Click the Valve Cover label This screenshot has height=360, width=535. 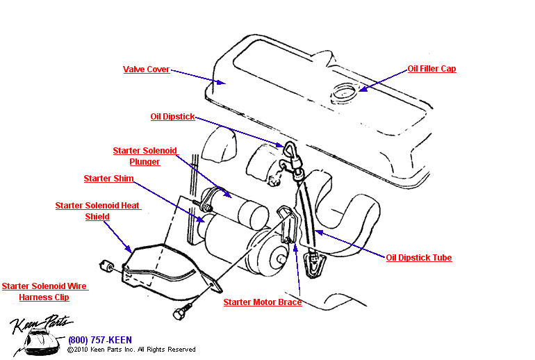click(146, 69)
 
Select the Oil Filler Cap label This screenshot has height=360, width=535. click(431, 69)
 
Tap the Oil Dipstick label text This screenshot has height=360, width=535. click(172, 117)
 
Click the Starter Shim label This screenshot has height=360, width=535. click(108, 179)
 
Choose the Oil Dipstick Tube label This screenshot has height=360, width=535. click(418, 258)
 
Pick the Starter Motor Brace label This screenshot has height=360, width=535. click(262, 302)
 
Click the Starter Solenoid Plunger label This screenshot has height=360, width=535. click(145, 156)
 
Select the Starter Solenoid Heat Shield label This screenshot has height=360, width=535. click(98, 211)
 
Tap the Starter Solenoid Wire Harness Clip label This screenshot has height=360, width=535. click(44, 292)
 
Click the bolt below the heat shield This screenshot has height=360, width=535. click(179, 313)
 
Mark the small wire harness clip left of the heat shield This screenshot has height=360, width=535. click(108, 265)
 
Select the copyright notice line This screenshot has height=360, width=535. click(131, 350)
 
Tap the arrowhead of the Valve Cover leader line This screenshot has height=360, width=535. click(223, 83)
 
